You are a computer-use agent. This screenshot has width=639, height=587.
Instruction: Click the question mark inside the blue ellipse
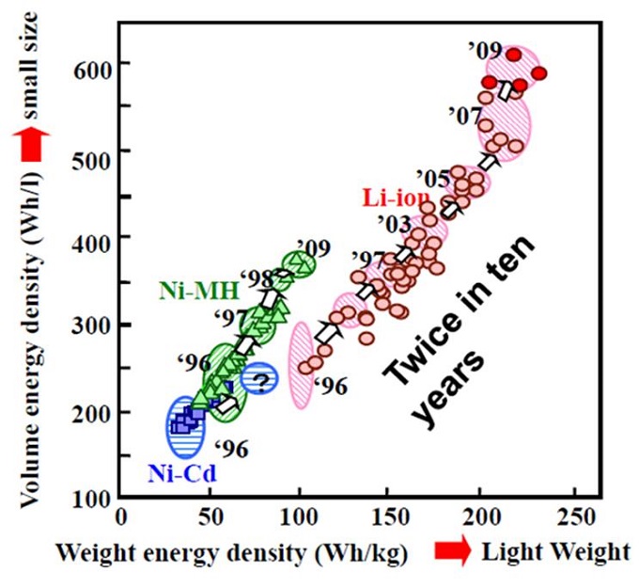[261, 381]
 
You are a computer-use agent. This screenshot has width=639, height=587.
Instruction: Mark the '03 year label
[393, 224]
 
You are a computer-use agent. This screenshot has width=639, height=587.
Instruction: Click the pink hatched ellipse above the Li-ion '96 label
[301, 365]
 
